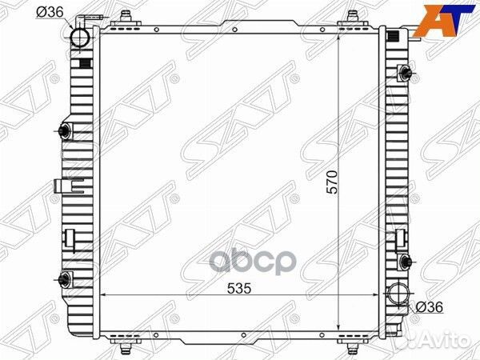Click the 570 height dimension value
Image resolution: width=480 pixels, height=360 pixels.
pyautogui.click(x=332, y=182)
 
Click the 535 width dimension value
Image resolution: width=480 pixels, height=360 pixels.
pyautogui.click(x=239, y=288)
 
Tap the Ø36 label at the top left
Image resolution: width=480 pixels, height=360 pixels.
pyautogui.click(x=50, y=12)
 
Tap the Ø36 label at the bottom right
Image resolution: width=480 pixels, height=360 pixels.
pyautogui.click(x=430, y=307)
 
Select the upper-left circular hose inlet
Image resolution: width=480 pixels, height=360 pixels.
pyautogui.click(x=79, y=38)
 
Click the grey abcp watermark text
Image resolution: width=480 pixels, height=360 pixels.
pyautogui.click(x=252, y=262)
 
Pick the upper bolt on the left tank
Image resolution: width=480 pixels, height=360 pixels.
pyautogui.click(x=65, y=131)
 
